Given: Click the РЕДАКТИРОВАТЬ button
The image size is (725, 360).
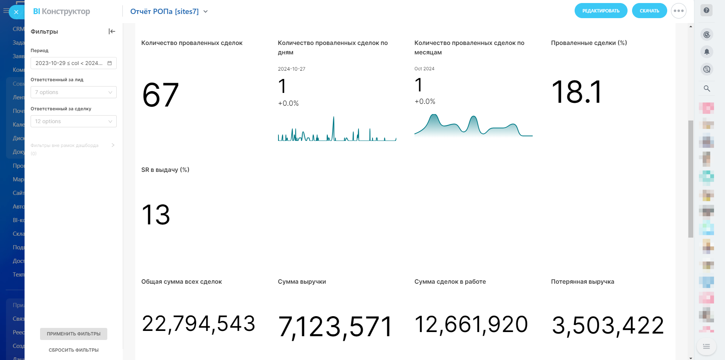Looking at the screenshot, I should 601,11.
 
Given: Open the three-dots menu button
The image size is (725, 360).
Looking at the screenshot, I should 679,11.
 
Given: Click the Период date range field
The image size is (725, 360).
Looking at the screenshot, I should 73,63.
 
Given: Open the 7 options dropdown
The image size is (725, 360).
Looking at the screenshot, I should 73,92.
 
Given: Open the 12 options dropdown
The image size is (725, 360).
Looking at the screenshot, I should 73,121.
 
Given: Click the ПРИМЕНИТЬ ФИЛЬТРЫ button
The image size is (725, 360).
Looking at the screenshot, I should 74,334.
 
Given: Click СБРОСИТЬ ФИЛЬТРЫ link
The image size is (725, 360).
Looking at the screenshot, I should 74,350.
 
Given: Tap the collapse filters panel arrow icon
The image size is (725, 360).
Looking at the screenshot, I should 112,31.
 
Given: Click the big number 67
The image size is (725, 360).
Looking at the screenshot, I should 160,95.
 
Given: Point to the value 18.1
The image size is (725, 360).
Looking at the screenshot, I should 577,92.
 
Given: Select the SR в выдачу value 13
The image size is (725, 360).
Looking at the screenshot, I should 156,215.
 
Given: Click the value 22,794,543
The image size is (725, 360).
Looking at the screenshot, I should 198,324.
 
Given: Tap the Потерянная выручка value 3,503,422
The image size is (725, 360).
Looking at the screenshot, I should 608,325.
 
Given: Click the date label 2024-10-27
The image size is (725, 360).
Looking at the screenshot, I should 292,69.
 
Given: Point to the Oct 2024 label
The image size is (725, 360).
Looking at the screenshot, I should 424,69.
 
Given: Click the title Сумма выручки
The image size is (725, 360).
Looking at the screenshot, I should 302,282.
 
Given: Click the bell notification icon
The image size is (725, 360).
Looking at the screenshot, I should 707,51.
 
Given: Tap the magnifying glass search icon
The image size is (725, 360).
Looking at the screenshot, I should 707,88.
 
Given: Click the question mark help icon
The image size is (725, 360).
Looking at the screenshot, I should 706,11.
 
